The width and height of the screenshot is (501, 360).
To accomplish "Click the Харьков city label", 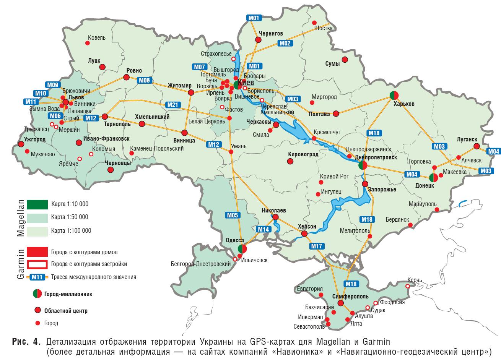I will click(x=405, y=104).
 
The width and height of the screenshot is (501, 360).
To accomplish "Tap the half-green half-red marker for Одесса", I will click(x=242, y=248).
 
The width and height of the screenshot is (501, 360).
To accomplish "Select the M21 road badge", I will click(x=172, y=105).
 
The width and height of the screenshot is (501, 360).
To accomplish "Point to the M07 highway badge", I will click(x=200, y=67).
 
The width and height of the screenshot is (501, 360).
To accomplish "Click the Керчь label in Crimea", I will click(x=415, y=280).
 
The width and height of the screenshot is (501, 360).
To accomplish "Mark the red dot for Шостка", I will click(x=315, y=23).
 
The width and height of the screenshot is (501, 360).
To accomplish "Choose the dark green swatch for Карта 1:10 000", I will click(x=37, y=204).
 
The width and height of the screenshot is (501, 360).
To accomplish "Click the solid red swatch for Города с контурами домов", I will click(x=37, y=252).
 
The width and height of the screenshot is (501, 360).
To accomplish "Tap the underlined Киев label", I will click(x=246, y=83).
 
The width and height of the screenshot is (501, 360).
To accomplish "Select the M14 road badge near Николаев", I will click(x=264, y=229).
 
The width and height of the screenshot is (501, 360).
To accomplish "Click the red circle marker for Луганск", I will click(x=476, y=146).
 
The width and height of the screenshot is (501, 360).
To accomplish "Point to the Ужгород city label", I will click(x=34, y=139).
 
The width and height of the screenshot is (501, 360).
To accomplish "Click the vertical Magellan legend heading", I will click(x=20, y=218).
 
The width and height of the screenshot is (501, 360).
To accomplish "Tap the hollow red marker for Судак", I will click(x=368, y=308).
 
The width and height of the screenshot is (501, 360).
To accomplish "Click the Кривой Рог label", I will click(x=335, y=177).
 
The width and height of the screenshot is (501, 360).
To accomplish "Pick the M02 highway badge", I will click(x=285, y=43).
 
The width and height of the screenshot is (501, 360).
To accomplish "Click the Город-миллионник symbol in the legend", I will click(x=37, y=294).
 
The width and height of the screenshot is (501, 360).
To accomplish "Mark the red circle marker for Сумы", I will click(x=345, y=60).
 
